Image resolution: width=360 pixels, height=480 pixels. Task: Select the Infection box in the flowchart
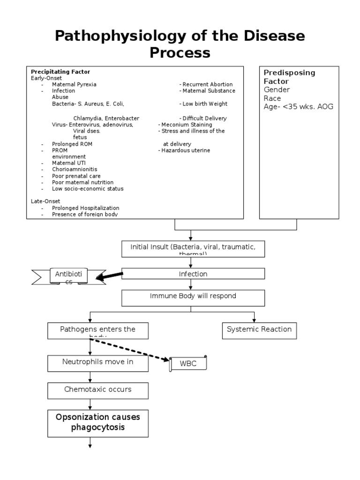tap(193, 274)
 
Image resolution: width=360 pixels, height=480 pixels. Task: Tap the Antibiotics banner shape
tap(68, 277)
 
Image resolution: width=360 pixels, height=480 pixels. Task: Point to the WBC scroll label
tap(188, 363)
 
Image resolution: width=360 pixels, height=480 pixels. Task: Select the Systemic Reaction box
tap(259, 330)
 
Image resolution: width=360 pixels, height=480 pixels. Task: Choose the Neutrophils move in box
tap(98, 362)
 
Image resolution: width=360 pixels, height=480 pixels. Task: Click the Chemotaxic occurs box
tap(98, 390)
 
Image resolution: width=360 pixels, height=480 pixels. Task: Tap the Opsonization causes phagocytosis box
tap(98, 422)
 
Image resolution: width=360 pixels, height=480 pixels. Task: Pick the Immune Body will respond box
tap(193, 297)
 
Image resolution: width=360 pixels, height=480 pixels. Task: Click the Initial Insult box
tap(193, 248)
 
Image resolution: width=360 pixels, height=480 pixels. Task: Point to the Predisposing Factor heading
tap(289, 77)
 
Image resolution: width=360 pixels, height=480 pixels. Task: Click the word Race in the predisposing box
tap(272, 98)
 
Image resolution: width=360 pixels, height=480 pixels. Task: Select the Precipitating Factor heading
tap(60, 72)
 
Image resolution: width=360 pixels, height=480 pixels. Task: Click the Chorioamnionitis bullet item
tap(75, 169)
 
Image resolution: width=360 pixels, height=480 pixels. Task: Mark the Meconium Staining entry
tap(186, 125)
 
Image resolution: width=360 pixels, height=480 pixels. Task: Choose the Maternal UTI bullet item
tap(69, 163)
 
